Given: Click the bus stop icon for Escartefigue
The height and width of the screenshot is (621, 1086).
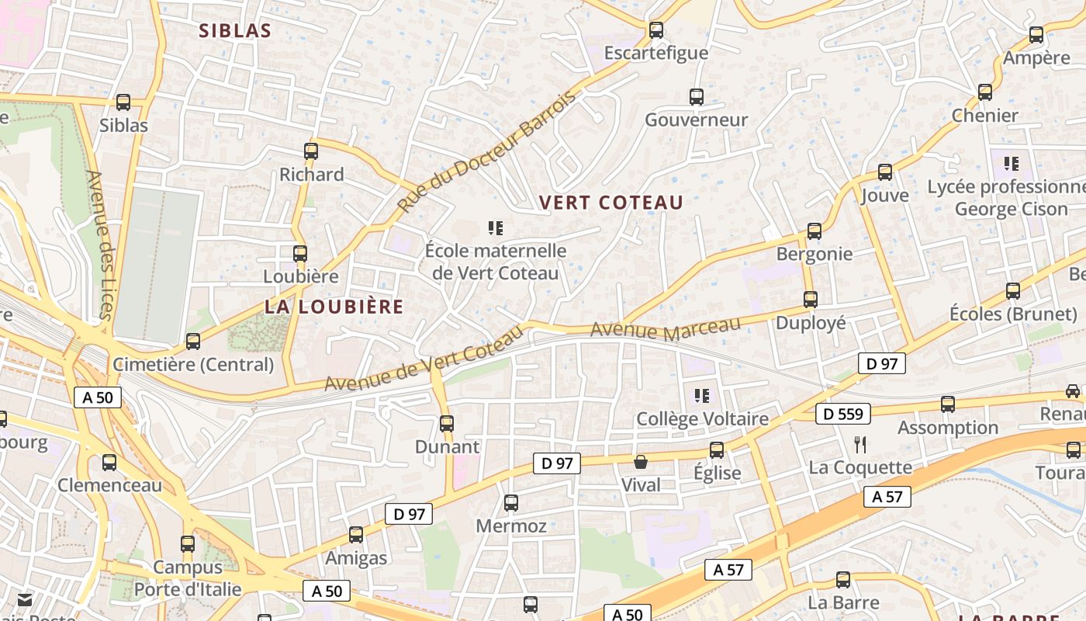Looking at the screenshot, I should tap(656, 30).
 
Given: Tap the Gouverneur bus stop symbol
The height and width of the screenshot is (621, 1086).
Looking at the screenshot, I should tap(697, 97).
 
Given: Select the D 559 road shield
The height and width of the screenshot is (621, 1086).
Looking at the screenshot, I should tap(843, 414).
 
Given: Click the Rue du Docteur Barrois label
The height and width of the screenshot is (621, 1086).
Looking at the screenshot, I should tap(488, 151).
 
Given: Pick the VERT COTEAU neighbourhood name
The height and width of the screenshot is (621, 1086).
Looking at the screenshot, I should tap(611, 203).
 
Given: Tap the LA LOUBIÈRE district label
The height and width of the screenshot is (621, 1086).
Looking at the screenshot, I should tap(334, 307).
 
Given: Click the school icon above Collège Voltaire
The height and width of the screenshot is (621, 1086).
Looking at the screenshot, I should tap(702, 396).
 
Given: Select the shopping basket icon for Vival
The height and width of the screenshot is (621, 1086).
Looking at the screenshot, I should tap(641, 463).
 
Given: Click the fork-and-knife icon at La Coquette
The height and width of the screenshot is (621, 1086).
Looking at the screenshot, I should tap(859, 445).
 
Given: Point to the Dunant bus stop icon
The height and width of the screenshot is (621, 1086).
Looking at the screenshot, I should tap(447, 424).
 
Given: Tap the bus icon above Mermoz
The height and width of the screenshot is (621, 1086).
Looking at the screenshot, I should tap(511, 503).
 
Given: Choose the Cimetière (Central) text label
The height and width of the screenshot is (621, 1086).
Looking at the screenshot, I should tap(193, 364).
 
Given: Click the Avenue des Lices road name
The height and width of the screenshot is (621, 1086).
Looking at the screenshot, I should tap(101, 245).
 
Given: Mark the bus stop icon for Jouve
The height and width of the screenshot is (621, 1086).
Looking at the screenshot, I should tap(885, 172).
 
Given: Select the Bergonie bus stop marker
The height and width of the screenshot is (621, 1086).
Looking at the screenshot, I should tap(814, 231).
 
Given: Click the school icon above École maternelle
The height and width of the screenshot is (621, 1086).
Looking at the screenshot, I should tap(496, 228).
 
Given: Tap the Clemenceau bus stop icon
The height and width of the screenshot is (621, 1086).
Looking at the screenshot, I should tap(109, 463).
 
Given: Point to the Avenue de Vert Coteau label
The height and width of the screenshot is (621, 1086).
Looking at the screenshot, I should tap(424, 359).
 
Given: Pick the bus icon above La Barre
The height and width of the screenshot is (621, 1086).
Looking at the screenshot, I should tap(843, 580).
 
